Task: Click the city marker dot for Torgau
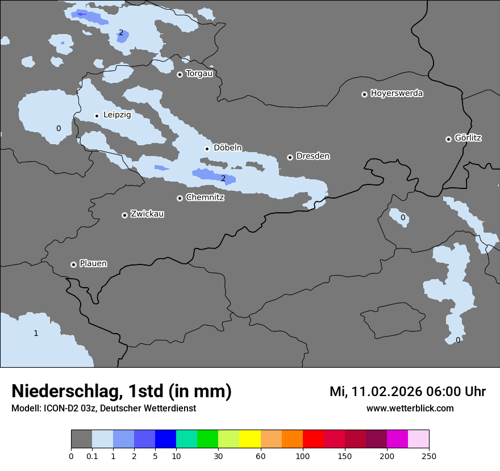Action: pos(180,74)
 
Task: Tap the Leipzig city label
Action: pos(117,115)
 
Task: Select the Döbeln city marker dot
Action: pos(207,149)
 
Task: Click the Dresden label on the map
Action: pos(312,156)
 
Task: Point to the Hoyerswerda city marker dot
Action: pos(365,94)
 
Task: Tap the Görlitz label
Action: pos(468,138)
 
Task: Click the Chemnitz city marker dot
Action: pos(180,198)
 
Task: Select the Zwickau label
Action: pos(147,214)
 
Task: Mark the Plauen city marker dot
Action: pos(74,264)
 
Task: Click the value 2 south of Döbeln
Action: pos(223,179)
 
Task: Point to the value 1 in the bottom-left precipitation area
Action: pos(36,333)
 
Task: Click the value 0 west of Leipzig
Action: pos(59,129)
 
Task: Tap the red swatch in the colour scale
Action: pos(313,439)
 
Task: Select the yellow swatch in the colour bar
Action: pos(250,439)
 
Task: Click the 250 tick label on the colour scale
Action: pos(429,456)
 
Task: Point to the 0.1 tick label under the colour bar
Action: pos(92,456)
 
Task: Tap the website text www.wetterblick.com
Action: pos(410,408)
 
